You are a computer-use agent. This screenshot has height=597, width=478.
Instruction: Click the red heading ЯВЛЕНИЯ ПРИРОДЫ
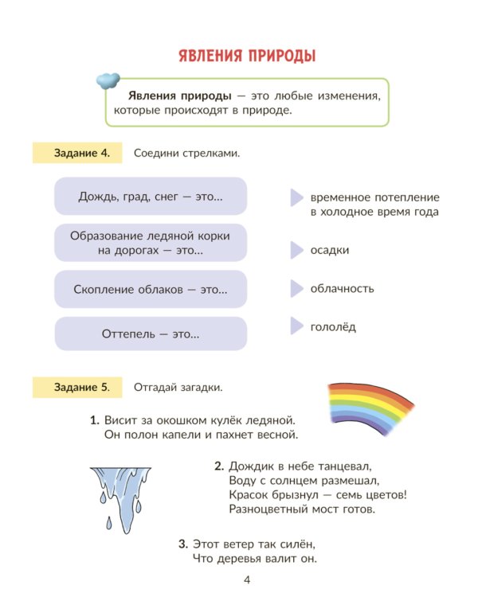[x=247, y=56]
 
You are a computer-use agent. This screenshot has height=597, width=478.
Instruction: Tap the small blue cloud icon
[x=108, y=80]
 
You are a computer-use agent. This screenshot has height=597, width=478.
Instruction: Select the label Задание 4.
[x=77, y=153]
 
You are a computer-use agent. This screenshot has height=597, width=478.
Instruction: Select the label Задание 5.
[x=77, y=388]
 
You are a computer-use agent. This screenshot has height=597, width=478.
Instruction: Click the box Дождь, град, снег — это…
[x=151, y=196]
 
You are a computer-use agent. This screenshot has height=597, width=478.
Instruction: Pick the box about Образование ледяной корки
[x=151, y=243]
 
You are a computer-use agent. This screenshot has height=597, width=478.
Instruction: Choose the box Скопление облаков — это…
[x=151, y=290]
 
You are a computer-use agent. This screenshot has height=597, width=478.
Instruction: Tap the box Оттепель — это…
[x=151, y=334]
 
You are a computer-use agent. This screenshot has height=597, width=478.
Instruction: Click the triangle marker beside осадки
[x=296, y=250]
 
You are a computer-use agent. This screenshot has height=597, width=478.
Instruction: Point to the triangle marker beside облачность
[x=296, y=288]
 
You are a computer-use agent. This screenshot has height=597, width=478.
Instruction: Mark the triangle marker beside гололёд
[x=296, y=326]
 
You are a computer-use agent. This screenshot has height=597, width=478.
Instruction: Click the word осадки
[x=330, y=250]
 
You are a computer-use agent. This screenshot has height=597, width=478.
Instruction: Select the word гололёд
[x=333, y=326]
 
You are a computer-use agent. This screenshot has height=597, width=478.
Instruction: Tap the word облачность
[x=343, y=288]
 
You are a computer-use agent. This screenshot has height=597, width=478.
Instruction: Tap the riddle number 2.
[x=218, y=466]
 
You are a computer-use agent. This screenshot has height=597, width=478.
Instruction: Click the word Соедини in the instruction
[x=155, y=153]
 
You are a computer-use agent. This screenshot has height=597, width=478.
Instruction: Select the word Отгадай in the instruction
[x=155, y=388]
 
